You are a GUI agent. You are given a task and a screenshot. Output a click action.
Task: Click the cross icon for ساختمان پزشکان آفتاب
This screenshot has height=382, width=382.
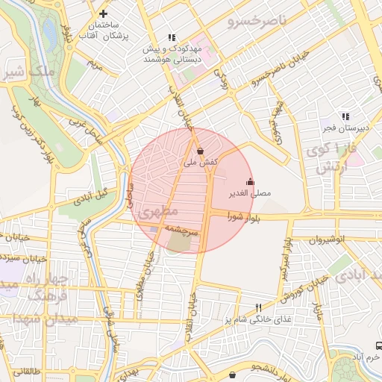(103, 14)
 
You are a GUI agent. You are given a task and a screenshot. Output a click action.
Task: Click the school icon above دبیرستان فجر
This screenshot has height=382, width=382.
(345, 116)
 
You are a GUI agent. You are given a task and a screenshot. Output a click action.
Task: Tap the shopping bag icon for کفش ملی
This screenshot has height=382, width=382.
(199, 151)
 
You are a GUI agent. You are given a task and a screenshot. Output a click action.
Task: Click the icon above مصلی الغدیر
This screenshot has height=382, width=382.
(249, 181)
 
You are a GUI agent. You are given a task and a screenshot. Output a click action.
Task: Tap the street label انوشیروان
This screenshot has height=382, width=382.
(328, 240)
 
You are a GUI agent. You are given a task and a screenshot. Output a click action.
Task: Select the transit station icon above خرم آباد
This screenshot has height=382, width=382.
(378, 346)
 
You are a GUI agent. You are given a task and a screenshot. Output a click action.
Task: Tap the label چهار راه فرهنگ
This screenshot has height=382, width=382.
(47, 288)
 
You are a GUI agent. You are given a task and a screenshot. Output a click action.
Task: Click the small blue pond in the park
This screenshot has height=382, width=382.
(49, 31)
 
